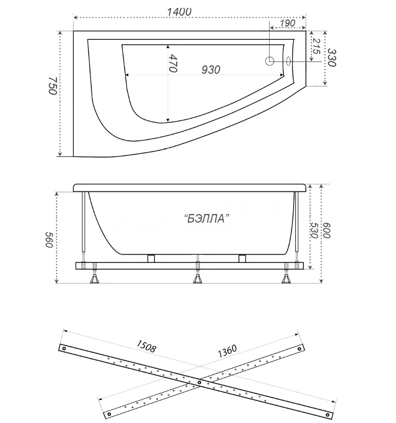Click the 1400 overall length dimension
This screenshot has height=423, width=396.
(x=179, y=12)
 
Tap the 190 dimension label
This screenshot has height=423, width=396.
(x=287, y=23)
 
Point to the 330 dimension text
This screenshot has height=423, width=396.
(x=332, y=58)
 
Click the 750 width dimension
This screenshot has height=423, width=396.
(x=52, y=86)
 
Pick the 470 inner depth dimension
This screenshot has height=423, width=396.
(x=173, y=63)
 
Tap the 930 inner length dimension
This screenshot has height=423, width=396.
(x=211, y=70)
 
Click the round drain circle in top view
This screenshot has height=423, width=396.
(x=270, y=61)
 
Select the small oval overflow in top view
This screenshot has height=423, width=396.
(x=288, y=61)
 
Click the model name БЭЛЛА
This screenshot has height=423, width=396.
(x=207, y=218)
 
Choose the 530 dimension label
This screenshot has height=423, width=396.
(x=314, y=230)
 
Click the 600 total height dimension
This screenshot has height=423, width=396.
(x=326, y=230)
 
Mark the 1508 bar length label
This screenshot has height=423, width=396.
(x=146, y=346)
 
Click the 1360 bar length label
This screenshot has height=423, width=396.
(x=227, y=351)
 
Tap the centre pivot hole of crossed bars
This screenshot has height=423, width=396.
(x=200, y=382)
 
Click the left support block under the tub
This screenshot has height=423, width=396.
(x=151, y=258)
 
